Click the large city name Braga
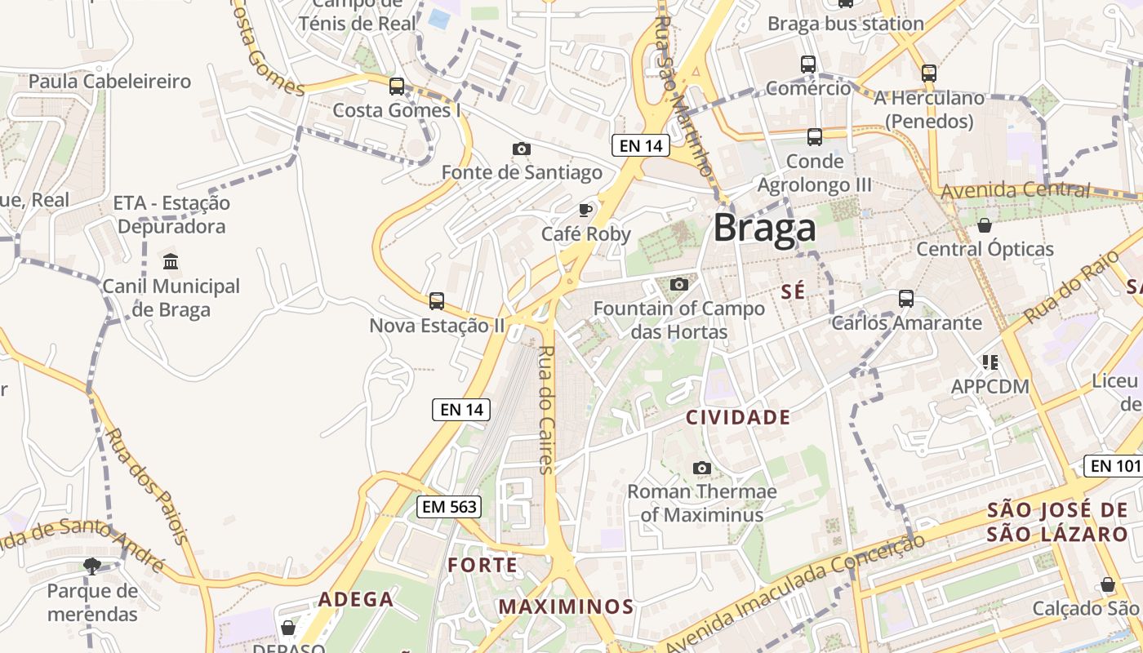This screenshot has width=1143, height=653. pos(764,229)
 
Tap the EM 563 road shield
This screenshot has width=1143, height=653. pos(448,507)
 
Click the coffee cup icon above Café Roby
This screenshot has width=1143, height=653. pos(585,210)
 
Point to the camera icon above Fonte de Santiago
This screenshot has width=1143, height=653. pos(521,149)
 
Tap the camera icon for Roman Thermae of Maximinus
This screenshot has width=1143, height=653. pos(701,468)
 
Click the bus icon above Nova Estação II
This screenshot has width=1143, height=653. pos(437,301)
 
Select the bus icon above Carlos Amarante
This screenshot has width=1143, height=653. pos(906,299)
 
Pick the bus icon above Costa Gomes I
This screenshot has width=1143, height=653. pos(397,86)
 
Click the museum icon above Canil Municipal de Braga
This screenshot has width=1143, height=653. pos(171,262)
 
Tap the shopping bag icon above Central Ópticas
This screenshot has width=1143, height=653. pos(985,225)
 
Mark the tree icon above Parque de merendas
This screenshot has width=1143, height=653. pos(92,566)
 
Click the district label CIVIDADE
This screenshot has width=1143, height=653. pos(738,418)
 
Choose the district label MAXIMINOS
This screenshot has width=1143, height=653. pos(566,606)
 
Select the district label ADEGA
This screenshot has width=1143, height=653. pos(356,599)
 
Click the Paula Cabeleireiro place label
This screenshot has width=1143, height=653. pos(109,82)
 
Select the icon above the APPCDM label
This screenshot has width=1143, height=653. pos(990,362)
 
